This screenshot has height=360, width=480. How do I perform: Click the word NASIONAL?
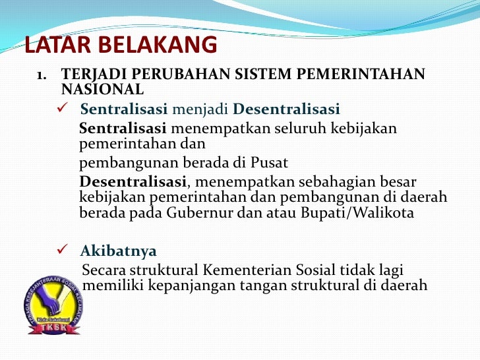[x=102, y=88]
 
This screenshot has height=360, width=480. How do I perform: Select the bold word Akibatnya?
[x=119, y=251]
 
